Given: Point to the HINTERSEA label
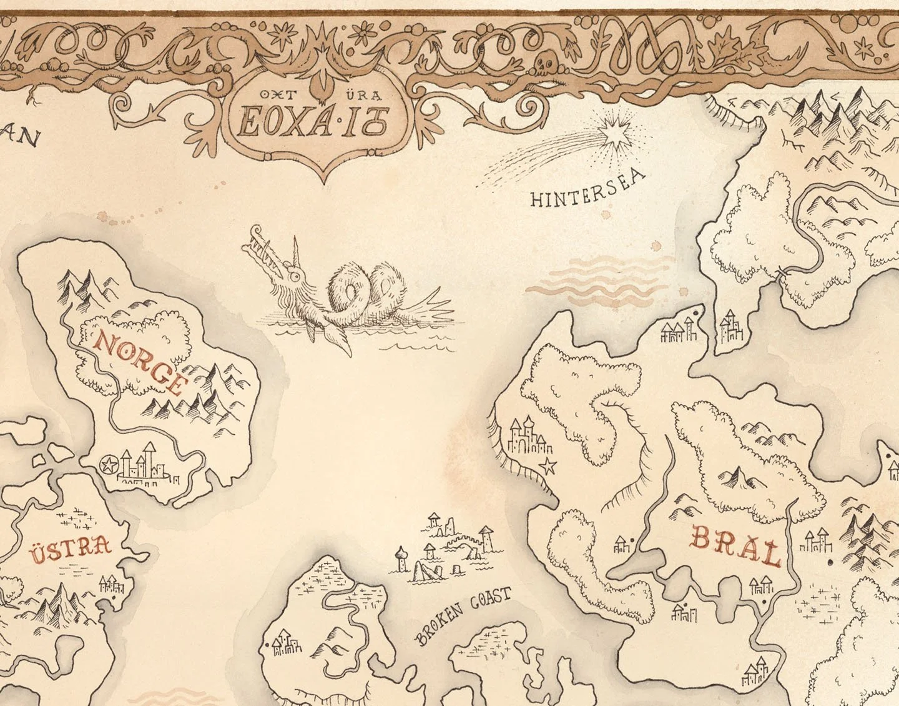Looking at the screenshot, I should [587, 188].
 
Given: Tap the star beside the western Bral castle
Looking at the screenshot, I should [548, 465].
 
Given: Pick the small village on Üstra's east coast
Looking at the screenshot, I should [112, 584].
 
